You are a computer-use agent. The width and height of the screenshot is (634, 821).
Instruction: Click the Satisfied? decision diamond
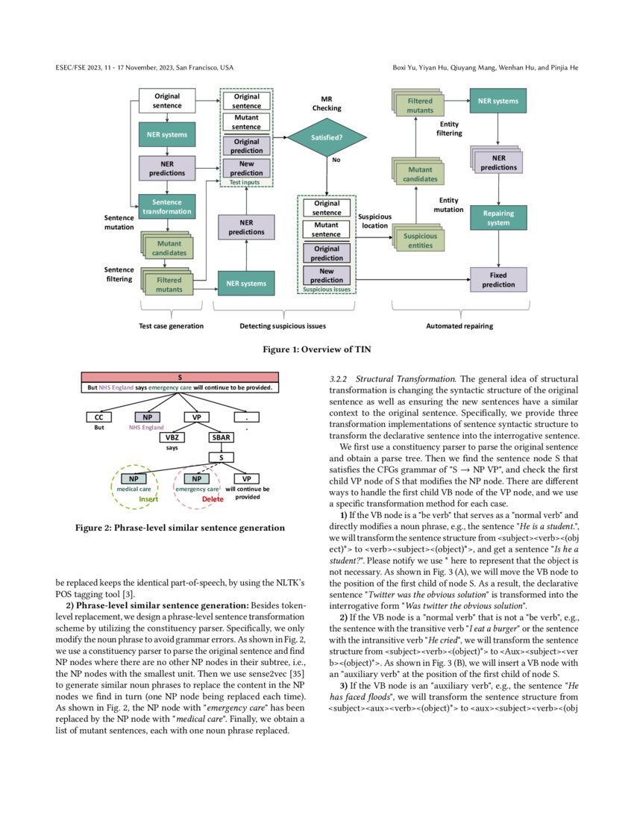point(327,137)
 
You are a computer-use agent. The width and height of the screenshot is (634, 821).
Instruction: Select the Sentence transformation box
point(166,207)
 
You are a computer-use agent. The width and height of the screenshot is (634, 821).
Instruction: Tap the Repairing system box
point(498,218)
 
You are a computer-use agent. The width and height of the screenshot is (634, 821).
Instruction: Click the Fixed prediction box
point(498,280)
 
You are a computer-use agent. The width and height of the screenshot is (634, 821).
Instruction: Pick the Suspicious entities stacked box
point(420,240)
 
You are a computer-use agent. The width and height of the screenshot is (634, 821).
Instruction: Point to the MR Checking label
point(327,103)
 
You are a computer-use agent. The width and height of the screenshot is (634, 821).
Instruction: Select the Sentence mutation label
point(119,222)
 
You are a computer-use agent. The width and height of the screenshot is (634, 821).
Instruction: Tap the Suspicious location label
point(374,220)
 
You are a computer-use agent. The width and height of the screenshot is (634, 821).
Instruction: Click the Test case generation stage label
point(171,326)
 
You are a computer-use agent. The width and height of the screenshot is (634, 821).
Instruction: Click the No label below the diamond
point(336,159)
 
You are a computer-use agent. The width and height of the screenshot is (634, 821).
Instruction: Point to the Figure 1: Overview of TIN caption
point(316,349)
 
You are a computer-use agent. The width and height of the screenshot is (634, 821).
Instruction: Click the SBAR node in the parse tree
point(221,437)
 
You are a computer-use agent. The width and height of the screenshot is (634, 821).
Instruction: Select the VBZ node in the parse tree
point(172,437)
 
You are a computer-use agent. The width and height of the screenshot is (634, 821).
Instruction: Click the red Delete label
point(202,499)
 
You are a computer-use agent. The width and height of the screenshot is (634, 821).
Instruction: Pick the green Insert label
point(148,499)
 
